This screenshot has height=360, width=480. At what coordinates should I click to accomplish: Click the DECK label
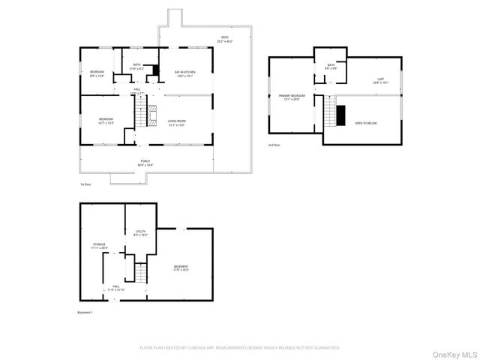pos(224,40)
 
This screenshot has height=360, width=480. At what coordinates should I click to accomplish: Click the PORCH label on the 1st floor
pos(145,162)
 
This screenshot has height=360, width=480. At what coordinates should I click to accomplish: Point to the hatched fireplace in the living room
pos(153,115)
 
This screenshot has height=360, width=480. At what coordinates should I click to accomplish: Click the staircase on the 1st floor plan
pos(139,113)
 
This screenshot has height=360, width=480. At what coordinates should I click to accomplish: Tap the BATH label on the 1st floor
pos(136,66)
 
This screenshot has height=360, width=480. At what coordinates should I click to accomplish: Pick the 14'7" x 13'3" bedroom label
pos(106,121)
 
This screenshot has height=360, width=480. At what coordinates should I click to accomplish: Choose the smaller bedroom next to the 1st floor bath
pos(97,73)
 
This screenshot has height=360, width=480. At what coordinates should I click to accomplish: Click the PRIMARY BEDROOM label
pos(292,97)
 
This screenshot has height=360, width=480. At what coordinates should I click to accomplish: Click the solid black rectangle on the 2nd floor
pos(340,115)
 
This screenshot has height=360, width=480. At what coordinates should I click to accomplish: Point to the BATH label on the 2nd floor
pos(331,67)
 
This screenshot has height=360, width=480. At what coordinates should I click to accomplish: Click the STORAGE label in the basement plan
pos(100,245)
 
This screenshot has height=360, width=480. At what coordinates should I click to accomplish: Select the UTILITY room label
pos(140,232)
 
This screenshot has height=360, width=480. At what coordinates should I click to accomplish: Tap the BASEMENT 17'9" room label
pos(181,268)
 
